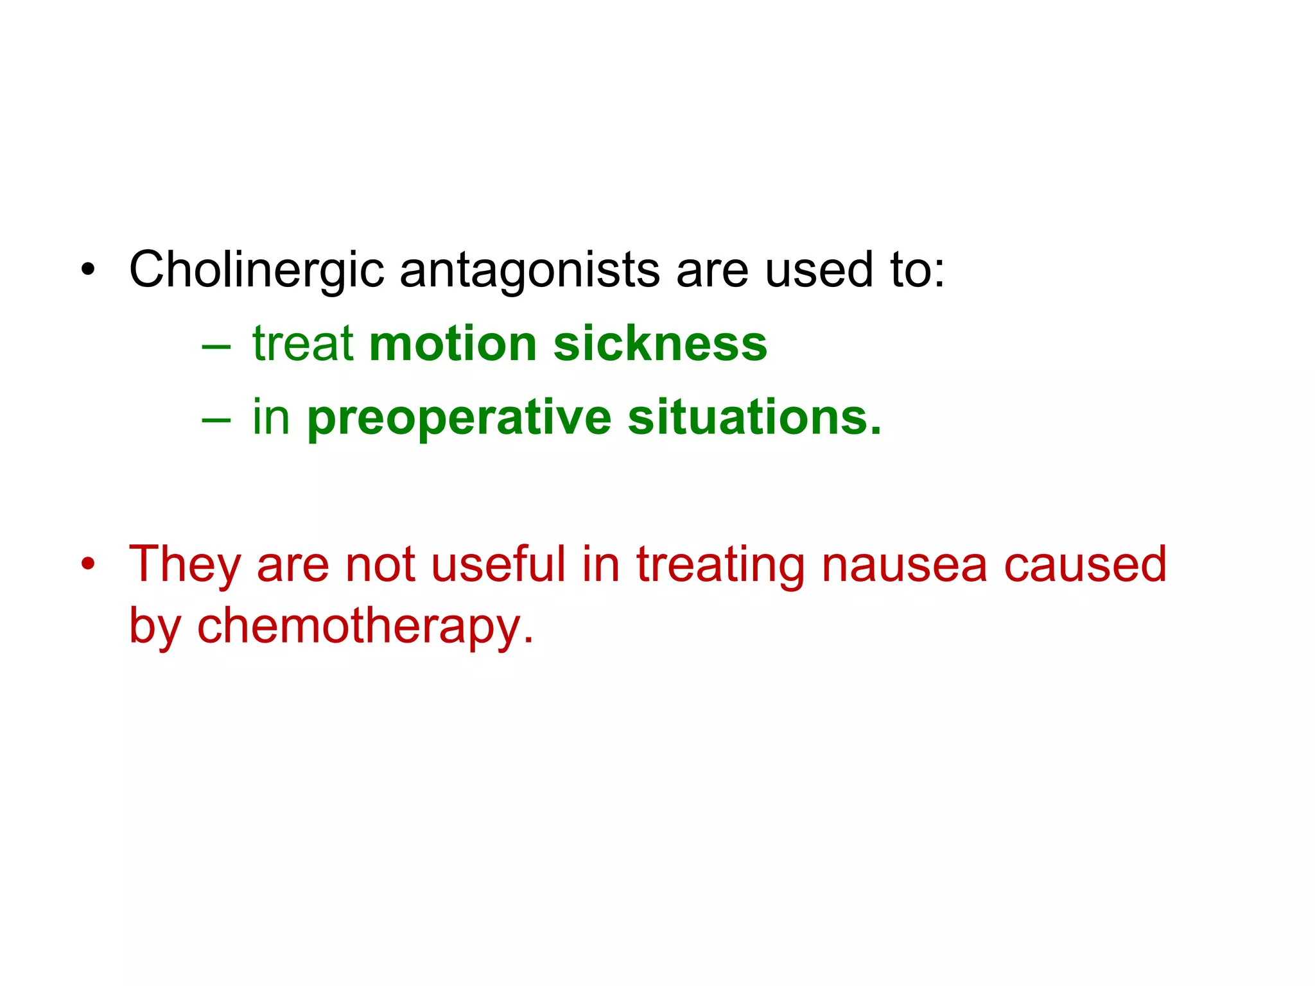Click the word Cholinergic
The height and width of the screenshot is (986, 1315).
(256, 270)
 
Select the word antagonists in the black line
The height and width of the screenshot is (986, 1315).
(530, 270)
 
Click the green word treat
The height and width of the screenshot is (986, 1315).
(302, 343)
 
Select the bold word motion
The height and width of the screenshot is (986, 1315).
(453, 343)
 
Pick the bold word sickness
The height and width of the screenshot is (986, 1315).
(660, 343)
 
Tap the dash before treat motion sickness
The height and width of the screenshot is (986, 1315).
(216, 347)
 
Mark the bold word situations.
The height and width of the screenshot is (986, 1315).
(754, 417)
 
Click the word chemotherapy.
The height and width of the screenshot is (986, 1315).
(365, 627)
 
